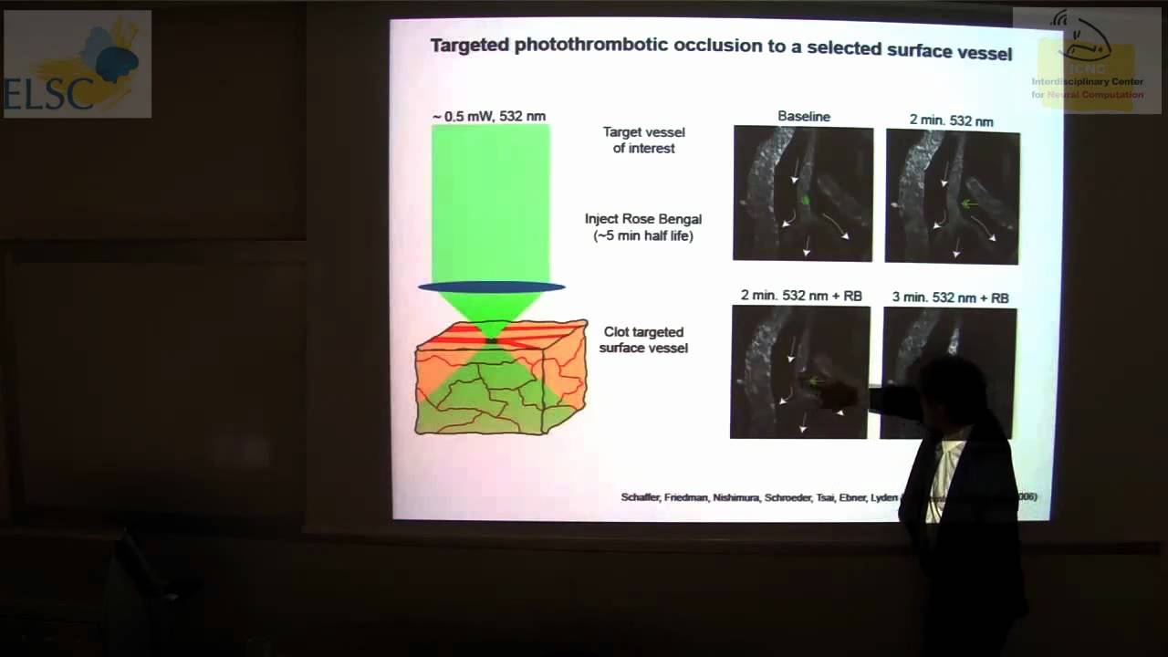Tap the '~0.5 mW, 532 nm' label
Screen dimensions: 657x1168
(x=489, y=116)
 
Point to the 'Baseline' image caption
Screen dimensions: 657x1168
(x=804, y=116)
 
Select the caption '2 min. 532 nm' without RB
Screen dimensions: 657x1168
(x=951, y=120)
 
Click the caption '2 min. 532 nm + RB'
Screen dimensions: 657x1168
(x=801, y=296)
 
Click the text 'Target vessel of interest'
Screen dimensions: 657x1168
(x=643, y=140)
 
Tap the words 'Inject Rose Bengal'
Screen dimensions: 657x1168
(x=643, y=219)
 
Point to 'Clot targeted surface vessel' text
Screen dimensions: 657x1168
(x=643, y=339)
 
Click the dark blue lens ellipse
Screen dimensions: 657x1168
(x=492, y=287)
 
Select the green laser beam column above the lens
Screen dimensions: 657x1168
(x=491, y=201)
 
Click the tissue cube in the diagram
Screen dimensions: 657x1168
(x=500, y=383)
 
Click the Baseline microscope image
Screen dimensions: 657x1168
(x=803, y=193)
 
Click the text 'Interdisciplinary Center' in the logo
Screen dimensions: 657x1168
(x=1087, y=82)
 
